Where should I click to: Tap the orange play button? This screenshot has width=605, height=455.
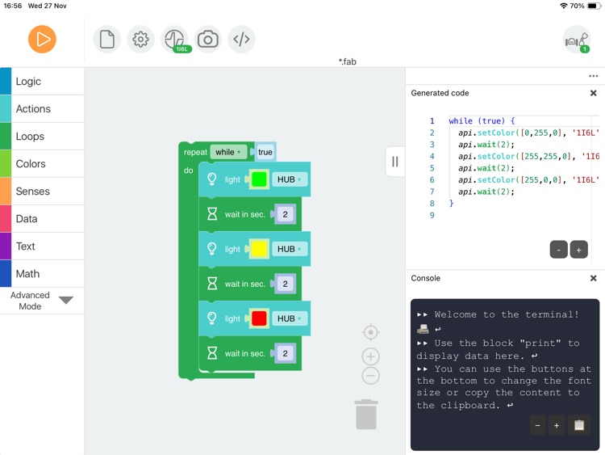[x=42, y=39]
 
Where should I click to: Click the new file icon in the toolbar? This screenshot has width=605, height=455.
[x=106, y=39]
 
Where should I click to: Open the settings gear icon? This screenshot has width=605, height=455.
[x=140, y=39]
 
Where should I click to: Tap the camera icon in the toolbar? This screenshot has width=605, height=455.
[x=208, y=39]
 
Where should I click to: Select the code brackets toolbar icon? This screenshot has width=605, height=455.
[x=241, y=39]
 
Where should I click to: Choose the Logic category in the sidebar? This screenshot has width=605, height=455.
[x=42, y=82]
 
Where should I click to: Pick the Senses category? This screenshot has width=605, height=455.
[x=42, y=192]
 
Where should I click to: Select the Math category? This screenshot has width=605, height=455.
[x=42, y=274]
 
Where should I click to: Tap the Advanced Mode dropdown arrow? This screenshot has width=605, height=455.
[x=66, y=301]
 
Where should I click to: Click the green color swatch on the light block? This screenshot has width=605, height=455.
[x=259, y=179]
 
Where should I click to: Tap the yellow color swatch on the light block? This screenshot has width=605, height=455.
[x=259, y=249]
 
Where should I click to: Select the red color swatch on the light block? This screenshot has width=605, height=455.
[x=259, y=318]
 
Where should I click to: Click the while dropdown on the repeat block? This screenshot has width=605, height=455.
[x=228, y=152]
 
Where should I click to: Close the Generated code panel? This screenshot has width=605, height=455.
[x=594, y=93]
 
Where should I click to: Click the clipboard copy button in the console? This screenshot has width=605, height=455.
[x=578, y=425]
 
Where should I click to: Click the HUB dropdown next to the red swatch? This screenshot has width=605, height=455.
[x=289, y=318]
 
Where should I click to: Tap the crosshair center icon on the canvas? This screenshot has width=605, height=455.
[x=370, y=332]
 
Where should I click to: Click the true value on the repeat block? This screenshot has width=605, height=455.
[x=265, y=152]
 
